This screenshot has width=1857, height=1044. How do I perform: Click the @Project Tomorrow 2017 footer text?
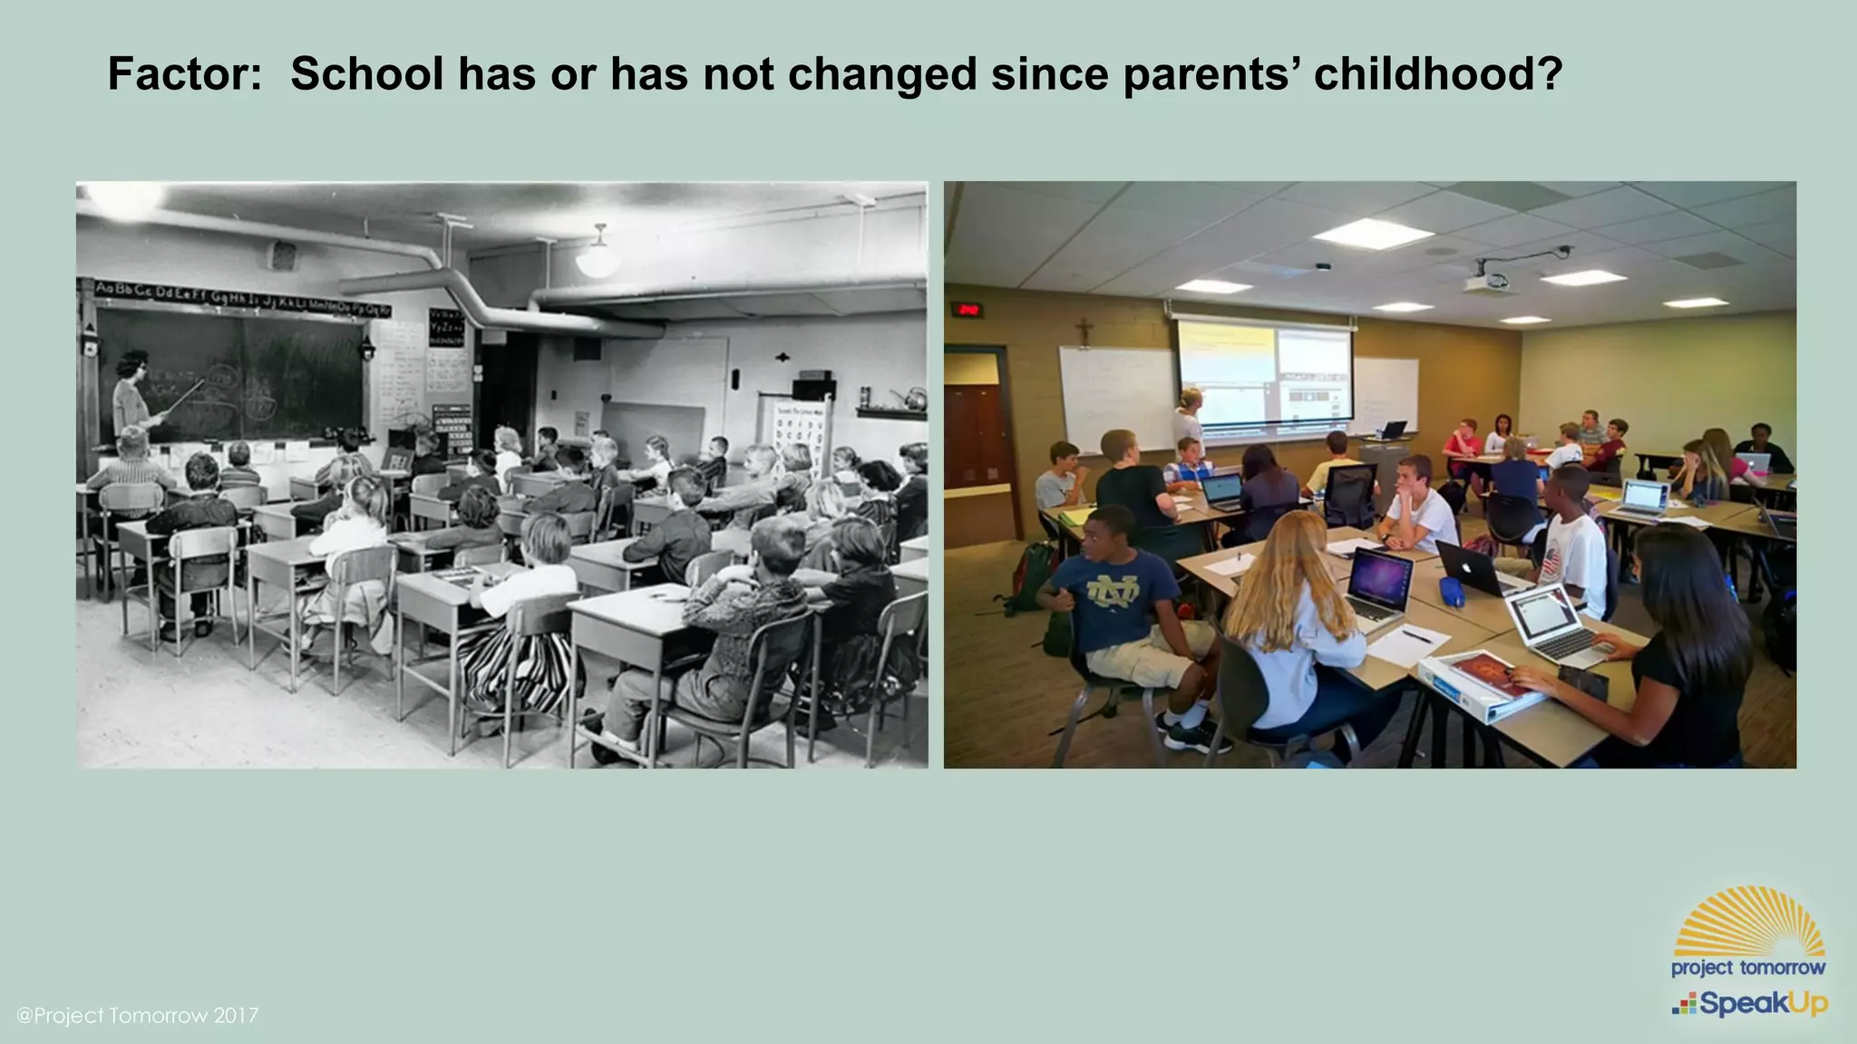(138, 1015)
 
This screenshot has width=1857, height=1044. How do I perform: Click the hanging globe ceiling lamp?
(598, 259)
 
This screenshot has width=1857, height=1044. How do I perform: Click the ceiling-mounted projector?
(1487, 282)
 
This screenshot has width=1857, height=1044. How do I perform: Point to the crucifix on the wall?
(1083, 331)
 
